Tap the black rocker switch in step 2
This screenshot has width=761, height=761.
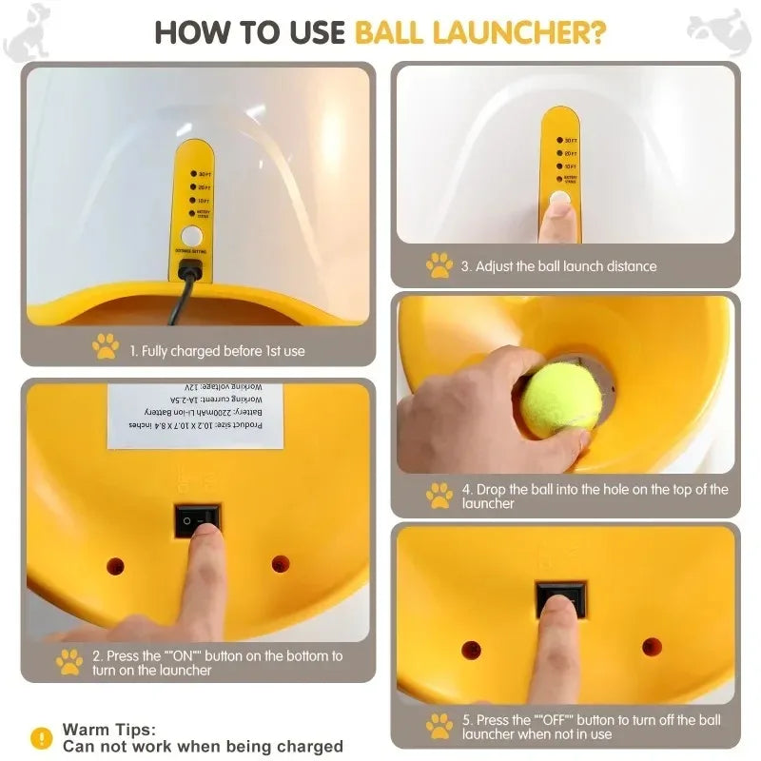click(197, 519)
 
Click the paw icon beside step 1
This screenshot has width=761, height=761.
click(106, 347)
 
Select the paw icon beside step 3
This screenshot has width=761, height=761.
click(439, 265)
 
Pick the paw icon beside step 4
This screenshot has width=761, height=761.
click(439, 495)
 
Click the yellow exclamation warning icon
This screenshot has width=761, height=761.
click(41, 737)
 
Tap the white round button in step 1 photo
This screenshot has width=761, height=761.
click(192, 236)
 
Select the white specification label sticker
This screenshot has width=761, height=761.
click(195, 415)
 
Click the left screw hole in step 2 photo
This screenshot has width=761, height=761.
click(115, 566)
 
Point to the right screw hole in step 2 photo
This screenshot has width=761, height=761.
click(281, 564)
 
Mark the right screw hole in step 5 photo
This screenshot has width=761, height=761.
click(652, 647)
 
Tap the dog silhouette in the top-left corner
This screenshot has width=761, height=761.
click(27, 30)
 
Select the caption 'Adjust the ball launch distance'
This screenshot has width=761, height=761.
click(558, 266)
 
